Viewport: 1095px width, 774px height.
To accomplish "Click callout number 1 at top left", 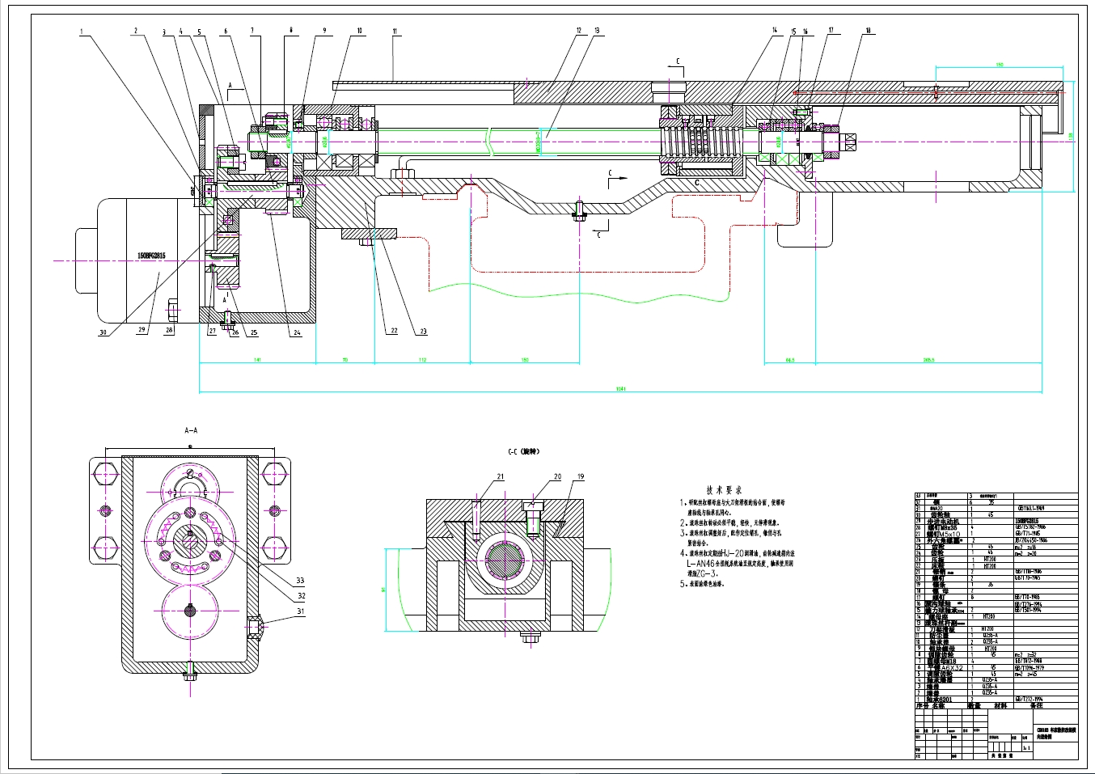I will (82, 32).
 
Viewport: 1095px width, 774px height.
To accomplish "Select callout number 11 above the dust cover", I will (395, 32).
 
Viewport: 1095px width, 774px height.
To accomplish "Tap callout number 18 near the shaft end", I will (869, 32).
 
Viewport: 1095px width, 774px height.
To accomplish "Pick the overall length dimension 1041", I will (620, 389).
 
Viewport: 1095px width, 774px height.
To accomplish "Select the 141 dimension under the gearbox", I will (256, 359).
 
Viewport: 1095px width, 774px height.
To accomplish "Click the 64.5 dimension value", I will (789, 359).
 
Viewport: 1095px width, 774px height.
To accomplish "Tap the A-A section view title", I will (191, 431).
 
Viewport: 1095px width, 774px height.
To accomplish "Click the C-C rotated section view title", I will (523, 451).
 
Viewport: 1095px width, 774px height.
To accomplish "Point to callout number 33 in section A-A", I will (300, 580).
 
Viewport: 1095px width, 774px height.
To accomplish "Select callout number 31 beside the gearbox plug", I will (300, 611).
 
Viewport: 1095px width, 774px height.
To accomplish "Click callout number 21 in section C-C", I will (500, 477).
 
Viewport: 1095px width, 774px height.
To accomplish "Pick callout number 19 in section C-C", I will (581, 477).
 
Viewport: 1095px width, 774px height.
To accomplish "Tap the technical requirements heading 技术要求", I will (719, 489).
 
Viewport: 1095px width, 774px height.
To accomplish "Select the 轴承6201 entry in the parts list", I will (940, 700).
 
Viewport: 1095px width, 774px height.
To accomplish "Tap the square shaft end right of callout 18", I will (852, 142).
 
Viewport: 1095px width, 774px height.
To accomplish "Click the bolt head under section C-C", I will (531, 637).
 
